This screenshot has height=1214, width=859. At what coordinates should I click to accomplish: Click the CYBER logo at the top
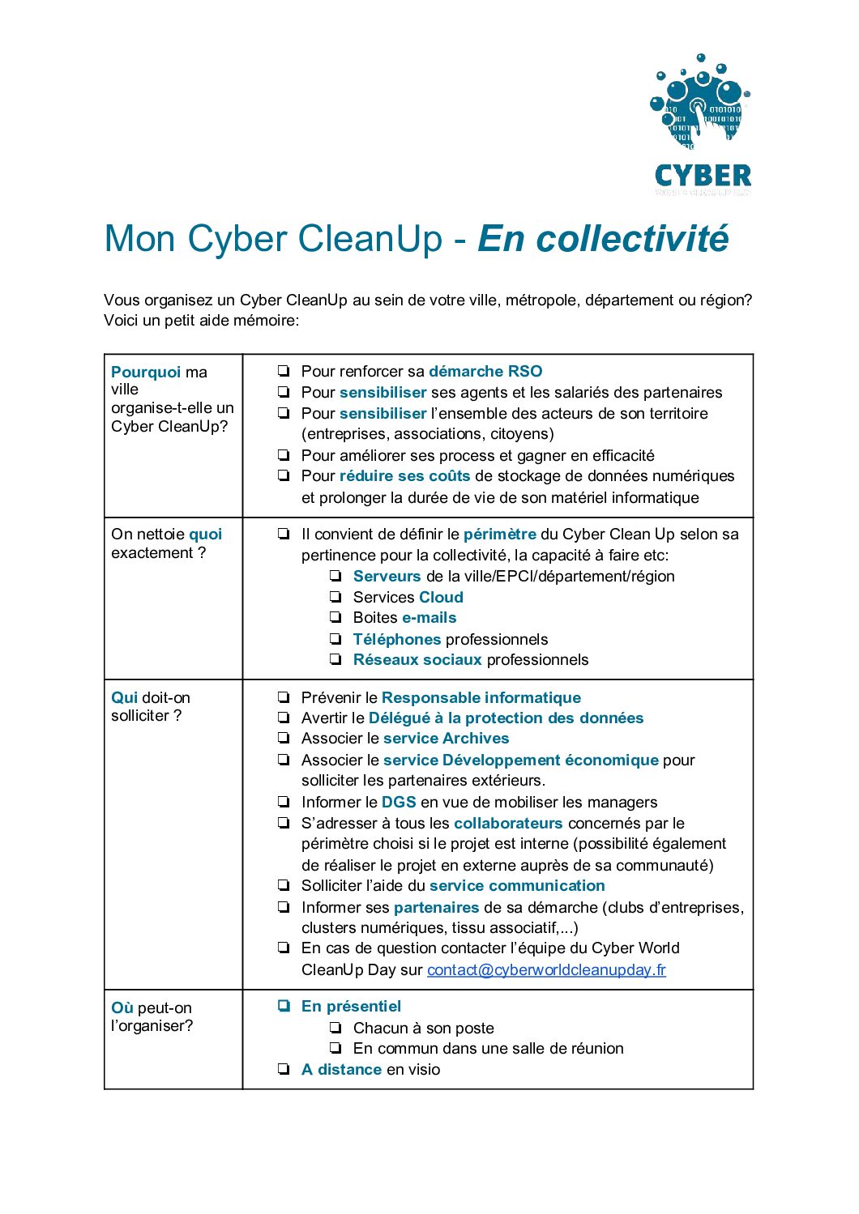pos(702,126)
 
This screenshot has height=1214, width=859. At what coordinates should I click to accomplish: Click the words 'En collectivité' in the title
pos(603,239)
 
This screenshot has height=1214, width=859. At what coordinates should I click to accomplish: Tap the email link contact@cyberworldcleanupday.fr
pos(546,969)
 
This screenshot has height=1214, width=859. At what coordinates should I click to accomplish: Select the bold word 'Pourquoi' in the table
pos(146,372)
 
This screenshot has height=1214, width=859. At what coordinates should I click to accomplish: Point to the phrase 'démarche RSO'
pos(485,371)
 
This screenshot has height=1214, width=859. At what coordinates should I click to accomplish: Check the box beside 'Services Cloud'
pos(335,597)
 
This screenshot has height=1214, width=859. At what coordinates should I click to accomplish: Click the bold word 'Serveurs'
pos(387,576)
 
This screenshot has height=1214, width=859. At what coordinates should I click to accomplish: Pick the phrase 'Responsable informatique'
pos(481,697)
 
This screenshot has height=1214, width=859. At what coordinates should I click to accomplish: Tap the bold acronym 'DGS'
pos(399,802)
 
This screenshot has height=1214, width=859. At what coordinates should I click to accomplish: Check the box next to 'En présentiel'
pos(284,1006)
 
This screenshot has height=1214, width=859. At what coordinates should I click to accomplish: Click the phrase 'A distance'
pos(341,1069)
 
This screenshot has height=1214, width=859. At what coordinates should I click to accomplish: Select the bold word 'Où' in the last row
pos(122,1007)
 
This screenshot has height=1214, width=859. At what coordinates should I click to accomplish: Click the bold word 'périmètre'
pos(499,534)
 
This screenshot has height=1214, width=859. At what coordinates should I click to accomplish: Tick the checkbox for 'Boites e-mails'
pos(335,618)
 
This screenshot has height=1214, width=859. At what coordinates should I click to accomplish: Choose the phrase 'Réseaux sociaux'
pos(417,659)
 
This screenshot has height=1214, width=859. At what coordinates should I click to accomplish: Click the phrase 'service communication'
pos(517,885)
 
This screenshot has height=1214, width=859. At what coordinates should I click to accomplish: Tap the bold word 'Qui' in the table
pos(124,697)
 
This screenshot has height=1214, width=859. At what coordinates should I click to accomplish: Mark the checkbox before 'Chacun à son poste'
pos(335,1028)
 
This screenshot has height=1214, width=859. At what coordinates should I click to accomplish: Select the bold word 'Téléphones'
pos(396,639)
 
